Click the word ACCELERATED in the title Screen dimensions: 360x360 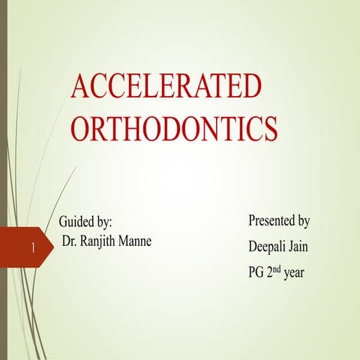click(166, 87)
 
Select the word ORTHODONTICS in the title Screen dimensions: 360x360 click(175, 128)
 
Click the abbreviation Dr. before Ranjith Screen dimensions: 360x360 click(72, 243)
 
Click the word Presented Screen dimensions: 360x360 click(271, 221)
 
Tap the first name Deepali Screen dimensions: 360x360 click(268, 247)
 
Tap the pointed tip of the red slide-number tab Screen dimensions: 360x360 click(52, 247)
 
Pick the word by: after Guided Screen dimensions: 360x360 click(105, 223)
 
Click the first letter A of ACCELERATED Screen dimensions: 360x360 click(80, 87)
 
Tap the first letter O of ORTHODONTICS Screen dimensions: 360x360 click(82, 128)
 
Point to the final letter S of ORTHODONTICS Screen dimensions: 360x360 click(271, 128)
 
